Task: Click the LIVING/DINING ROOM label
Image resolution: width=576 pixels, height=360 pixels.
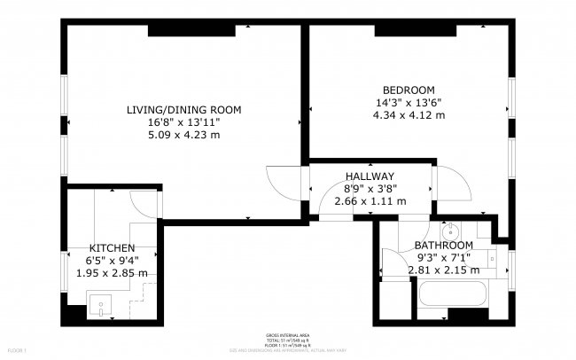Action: tap(183, 110)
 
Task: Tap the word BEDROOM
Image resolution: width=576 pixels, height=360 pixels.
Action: tap(408, 90)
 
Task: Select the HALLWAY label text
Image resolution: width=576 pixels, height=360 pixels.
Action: tap(370, 176)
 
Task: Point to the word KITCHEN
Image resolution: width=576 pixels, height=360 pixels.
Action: tap(112, 248)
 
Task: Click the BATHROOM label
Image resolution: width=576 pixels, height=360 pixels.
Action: tap(444, 245)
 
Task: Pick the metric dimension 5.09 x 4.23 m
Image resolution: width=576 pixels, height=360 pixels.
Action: tap(183, 135)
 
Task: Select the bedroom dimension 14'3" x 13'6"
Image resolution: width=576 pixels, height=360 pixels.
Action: tap(408, 102)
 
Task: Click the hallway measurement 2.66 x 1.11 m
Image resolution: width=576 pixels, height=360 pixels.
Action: tap(370, 201)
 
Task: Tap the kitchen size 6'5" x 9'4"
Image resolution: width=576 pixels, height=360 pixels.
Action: tap(112, 261)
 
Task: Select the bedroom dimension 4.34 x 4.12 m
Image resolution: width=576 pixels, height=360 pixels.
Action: tap(408, 114)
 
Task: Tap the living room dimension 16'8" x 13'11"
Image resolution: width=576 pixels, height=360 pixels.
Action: tap(183, 122)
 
